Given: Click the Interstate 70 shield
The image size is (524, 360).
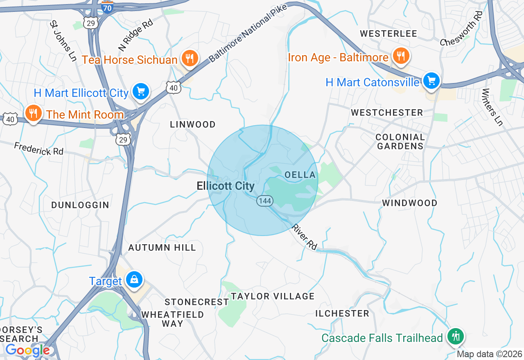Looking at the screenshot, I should [x=107, y=7].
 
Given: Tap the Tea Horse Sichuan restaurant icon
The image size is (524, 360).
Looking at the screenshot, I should [x=189, y=59].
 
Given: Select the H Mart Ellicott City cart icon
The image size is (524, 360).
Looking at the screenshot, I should [x=141, y=92].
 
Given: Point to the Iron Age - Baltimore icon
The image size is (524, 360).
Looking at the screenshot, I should [x=400, y=56].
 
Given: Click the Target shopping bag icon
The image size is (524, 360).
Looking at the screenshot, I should [x=134, y=280].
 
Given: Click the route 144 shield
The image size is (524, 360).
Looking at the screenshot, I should [x=264, y=200].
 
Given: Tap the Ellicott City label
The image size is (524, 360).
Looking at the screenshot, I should [x=226, y=186].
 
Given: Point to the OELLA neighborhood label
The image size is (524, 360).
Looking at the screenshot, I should [x=300, y=175].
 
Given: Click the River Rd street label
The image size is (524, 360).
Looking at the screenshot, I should [x=304, y=237].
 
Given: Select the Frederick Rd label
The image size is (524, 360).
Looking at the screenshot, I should [x=39, y=148].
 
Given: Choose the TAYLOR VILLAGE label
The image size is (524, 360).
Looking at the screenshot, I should [x=273, y=296].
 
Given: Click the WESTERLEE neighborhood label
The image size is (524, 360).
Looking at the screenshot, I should [x=388, y=34].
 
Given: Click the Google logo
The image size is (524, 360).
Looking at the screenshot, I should [x=27, y=350].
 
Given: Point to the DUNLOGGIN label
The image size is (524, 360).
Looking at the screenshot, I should [x=80, y=205].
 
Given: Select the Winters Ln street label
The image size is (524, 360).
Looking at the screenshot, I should [x=492, y=107].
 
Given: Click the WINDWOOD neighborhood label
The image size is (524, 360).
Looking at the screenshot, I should [x=409, y=203].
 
